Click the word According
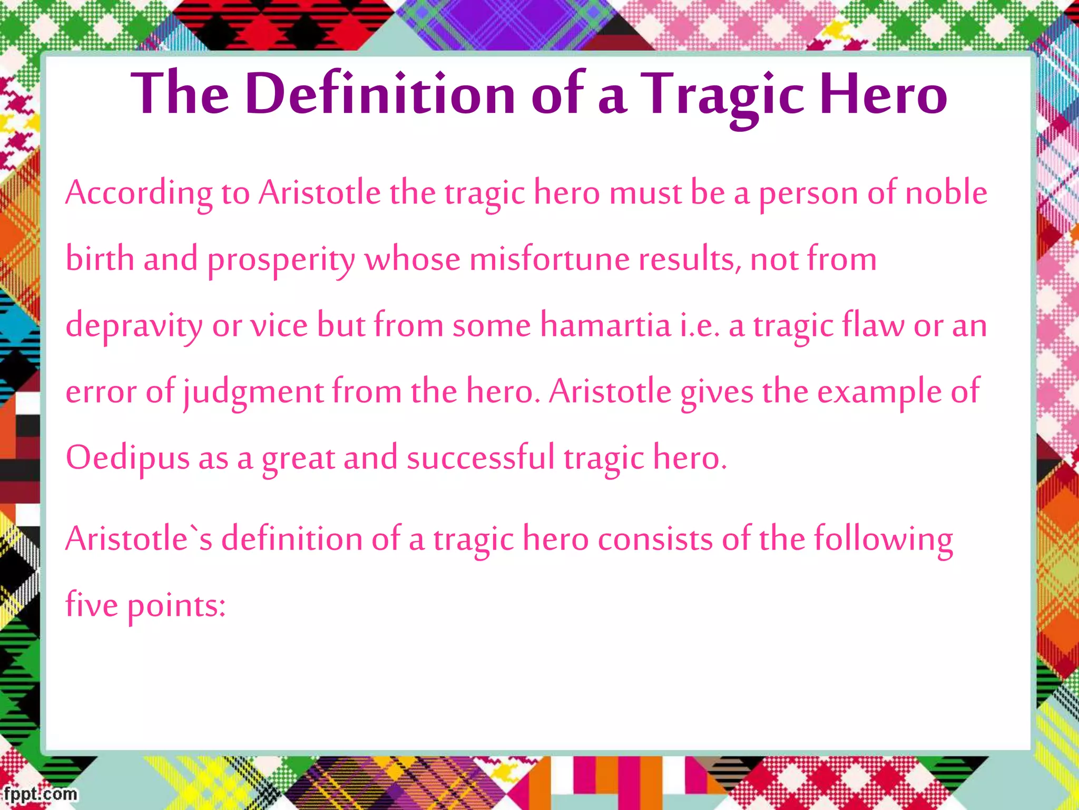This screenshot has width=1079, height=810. (x=139, y=193)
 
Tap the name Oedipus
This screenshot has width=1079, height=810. (x=127, y=458)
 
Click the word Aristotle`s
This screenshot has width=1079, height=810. (x=139, y=539)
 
